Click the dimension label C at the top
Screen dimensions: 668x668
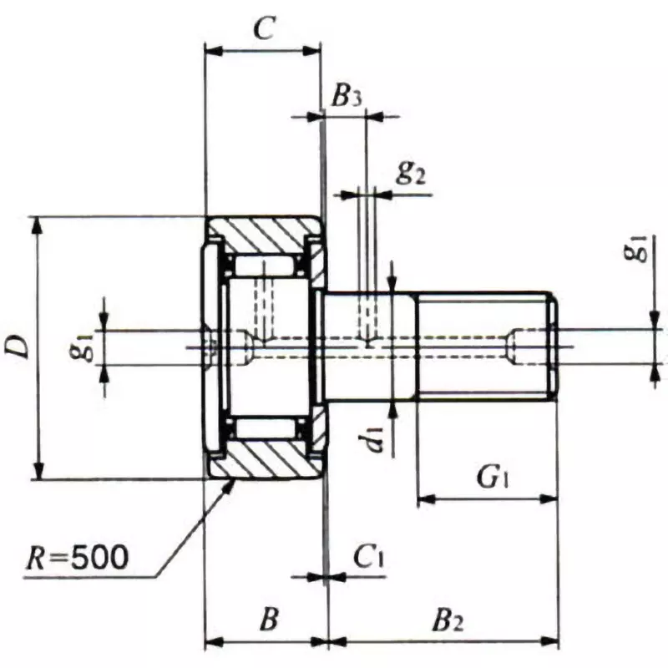(263, 30)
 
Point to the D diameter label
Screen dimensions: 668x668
(18, 347)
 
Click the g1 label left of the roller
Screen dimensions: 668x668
(80, 347)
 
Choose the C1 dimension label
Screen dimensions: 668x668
(367, 556)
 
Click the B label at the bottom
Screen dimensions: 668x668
(267, 620)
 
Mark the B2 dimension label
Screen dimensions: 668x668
(448, 620)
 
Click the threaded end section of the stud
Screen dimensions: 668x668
(484, 347)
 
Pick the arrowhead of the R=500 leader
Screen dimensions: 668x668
(231, 484)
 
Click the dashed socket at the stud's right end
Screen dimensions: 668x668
(533, 347)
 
